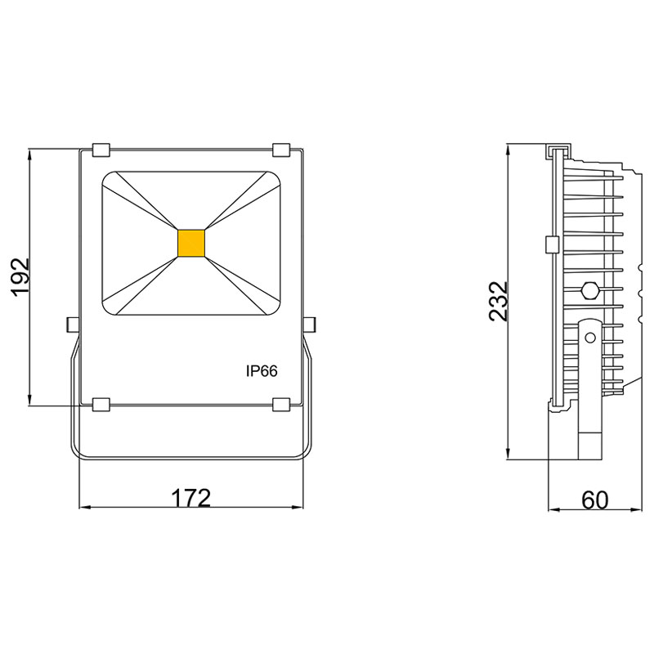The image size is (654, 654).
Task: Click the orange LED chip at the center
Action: point(192,244)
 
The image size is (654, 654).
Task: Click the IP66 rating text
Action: point(262,371)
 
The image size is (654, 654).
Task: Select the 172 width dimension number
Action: point(190,498)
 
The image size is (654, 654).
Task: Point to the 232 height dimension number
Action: point(499,302)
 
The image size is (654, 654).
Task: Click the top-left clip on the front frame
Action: point(102,150)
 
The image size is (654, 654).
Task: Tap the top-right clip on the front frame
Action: point(281,150)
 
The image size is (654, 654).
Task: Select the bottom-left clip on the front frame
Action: point(102,404)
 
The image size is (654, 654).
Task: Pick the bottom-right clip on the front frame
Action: point(281,404)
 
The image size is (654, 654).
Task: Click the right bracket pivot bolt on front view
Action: point(310,325)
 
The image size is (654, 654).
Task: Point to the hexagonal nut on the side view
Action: point(589,289)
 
